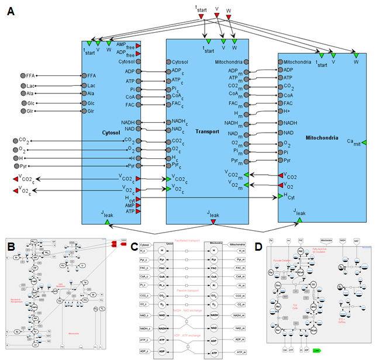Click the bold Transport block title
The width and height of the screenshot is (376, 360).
click(x=208, y=132)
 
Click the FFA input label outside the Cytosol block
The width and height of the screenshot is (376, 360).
click(x=32, y=75)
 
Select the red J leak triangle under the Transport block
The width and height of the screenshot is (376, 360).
click(x=213, y=221)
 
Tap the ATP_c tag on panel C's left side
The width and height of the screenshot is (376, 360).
click(x=146, y=339)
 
